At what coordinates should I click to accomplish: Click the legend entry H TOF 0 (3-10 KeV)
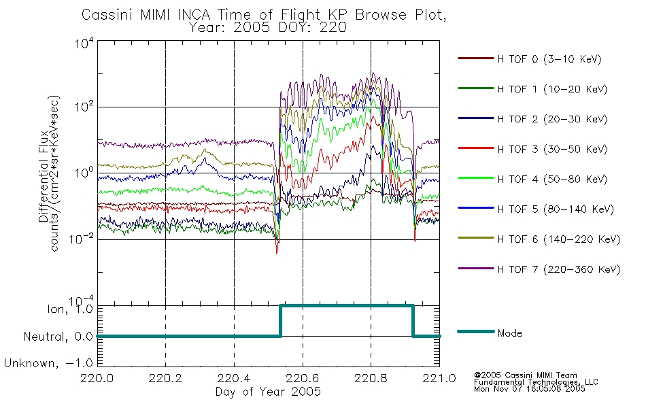549,59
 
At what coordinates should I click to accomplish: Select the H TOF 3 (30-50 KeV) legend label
552,149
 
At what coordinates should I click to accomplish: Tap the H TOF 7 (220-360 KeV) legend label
559,269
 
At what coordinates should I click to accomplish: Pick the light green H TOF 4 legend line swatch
476,178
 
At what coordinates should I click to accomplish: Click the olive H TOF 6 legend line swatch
476,238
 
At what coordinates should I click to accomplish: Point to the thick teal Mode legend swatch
476,331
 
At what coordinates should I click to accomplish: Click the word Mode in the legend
509,333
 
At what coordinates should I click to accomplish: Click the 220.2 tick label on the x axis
165,378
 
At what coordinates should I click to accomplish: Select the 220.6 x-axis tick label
303,378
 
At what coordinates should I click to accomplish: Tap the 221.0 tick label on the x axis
439,378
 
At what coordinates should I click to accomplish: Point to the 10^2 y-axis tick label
84,107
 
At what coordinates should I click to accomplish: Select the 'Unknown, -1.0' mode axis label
48,363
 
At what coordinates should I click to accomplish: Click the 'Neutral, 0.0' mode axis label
58,337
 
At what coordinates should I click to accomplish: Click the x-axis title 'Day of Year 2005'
268,392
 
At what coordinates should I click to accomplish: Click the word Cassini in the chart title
108,15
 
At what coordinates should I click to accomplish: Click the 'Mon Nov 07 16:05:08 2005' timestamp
530,389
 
